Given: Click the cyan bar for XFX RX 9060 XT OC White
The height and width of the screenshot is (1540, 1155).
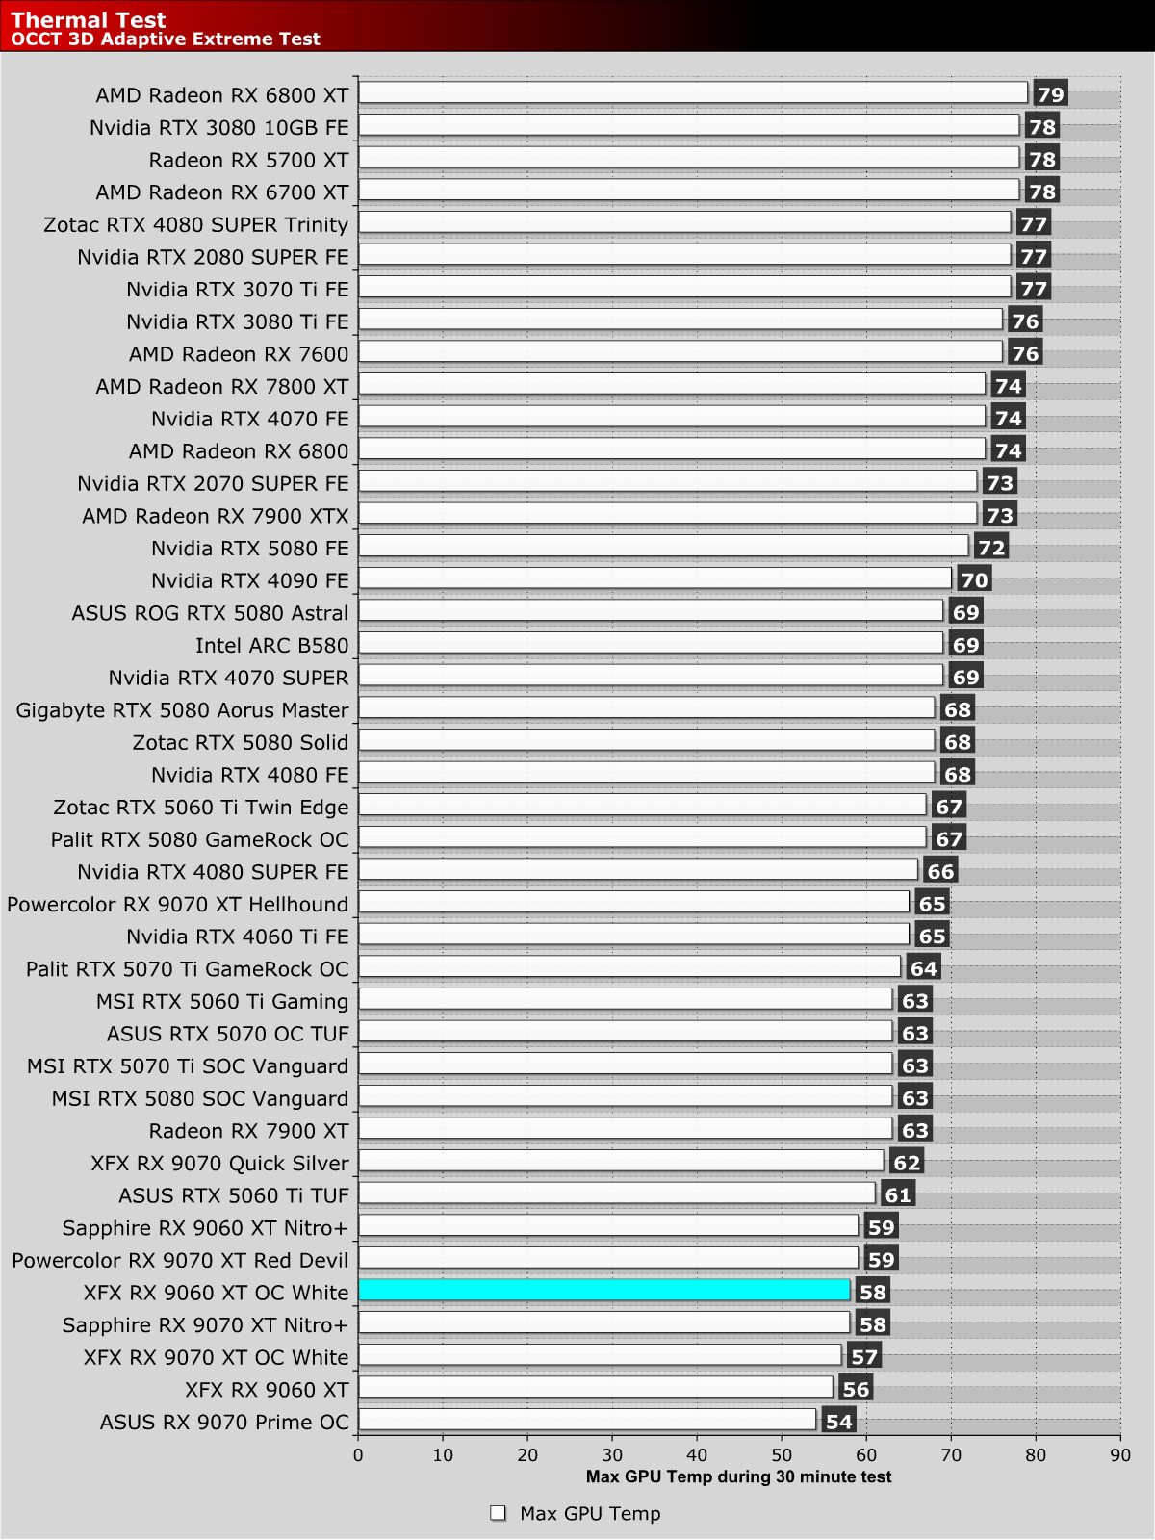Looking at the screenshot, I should [603, 1290].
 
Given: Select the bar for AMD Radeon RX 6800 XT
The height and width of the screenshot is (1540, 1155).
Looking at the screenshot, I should [693, 92].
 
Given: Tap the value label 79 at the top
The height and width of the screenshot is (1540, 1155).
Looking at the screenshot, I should [1050, 95].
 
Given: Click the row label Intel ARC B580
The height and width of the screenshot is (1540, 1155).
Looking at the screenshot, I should [272, 645].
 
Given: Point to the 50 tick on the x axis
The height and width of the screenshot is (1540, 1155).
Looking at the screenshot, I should [782, 1455].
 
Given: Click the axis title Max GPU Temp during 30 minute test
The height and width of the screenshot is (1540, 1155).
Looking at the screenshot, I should [738, 1476].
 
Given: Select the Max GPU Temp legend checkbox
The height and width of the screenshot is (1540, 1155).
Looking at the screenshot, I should [498, 1513].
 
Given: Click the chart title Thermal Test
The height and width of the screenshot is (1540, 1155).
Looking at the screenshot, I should [89, 19].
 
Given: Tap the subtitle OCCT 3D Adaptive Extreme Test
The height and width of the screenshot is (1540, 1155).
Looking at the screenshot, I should [166, 39].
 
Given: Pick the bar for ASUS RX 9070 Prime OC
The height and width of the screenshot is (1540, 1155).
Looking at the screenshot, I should [587, 1420].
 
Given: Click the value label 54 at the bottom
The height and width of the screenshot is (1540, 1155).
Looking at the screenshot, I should [838, 1422].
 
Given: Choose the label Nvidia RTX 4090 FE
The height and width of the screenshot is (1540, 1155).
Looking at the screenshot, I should [250, 580].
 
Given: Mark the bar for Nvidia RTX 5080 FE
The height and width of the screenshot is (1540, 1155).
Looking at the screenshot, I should [663, 546].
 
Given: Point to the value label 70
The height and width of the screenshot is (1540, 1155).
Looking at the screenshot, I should [974, 580].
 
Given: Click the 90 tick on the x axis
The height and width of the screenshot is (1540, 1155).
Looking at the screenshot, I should [1120, 1455].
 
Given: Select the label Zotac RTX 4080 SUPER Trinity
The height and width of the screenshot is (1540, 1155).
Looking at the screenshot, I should [196, 224].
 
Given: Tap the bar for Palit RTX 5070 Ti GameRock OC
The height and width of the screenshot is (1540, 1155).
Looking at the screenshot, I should [629, 966].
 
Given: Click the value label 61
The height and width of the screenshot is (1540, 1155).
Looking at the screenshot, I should [898, 1195].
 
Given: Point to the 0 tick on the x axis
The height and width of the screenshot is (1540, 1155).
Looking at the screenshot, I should [358, 1455].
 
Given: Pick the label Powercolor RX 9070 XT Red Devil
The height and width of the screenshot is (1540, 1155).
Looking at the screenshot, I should [181, 1260].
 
